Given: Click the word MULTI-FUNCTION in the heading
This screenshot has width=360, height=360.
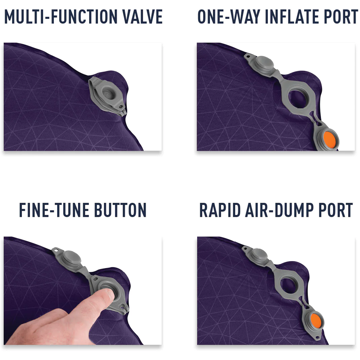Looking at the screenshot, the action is tap(61, 16).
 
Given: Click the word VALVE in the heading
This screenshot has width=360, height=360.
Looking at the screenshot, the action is tap(142, 16).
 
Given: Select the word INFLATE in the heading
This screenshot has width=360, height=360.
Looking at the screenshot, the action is tap(292, 16).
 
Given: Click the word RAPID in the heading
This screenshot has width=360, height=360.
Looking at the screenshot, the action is tap(220, 210).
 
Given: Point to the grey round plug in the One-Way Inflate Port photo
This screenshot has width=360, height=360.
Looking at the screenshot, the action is tap(265, 64).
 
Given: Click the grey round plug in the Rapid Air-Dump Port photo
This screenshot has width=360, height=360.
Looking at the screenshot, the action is tap(259, 255).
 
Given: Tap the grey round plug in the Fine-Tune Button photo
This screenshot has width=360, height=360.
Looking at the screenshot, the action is tap(72, 258).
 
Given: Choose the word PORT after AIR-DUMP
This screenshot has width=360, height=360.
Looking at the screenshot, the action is tap(335, 210).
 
